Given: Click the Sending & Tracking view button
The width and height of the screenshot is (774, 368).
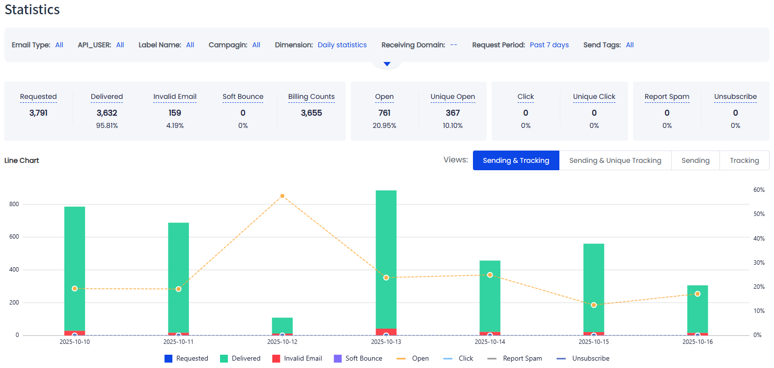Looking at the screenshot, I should (516, 160).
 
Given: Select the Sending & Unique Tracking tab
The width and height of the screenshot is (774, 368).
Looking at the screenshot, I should (615, 160).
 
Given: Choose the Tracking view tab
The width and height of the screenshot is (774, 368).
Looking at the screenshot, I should (744, 160).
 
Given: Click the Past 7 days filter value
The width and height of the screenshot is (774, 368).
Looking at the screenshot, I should (549, 45).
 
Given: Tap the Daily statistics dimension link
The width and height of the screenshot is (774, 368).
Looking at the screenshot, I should (342, 45).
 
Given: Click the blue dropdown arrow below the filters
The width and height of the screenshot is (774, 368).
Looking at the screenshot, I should (387, 64).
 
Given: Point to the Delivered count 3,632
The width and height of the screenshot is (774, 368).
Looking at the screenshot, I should (107, 113).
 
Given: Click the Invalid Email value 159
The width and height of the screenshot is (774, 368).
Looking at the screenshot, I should (175, 113).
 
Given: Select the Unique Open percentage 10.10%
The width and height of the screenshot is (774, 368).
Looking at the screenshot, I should (452, 125).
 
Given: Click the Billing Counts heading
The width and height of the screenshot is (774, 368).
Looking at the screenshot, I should (311, 96).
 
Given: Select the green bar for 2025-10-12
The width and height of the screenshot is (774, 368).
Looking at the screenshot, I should (282, 325).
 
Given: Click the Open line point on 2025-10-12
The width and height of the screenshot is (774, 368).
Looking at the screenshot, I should (282, 196).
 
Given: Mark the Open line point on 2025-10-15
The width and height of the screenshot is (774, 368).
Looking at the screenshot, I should (594, 305).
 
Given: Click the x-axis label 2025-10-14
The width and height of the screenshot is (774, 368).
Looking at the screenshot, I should (490, 341).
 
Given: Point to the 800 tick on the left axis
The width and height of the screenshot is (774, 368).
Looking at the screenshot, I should (14, 204).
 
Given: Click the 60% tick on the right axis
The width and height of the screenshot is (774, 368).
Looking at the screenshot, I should (759, 190).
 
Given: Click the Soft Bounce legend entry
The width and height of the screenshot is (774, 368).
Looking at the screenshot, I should (358, 358).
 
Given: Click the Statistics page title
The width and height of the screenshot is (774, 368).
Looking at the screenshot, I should (32, 10).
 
